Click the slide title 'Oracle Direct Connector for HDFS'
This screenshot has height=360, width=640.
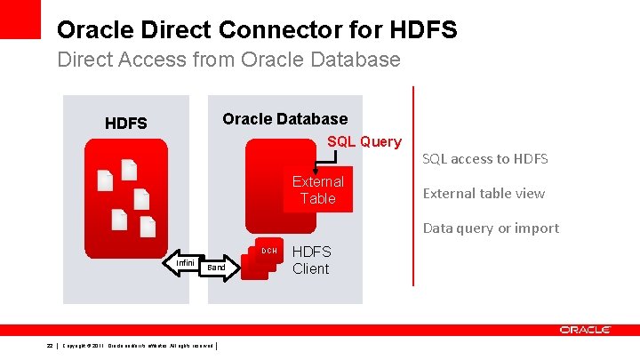click(x=257, y=30)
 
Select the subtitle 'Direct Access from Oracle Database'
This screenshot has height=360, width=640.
click(x=228, y=60)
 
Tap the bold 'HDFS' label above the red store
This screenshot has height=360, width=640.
click(x=126, y=124)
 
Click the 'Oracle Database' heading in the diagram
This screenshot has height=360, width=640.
click(x=284, y=119)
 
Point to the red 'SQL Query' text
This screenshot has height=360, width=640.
click(x=364, y=141)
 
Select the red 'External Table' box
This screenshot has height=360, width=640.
click(x=317, y=190)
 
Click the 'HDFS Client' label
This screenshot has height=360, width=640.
click(x=310, y=260)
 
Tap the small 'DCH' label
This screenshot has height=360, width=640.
click(x=269, y=251)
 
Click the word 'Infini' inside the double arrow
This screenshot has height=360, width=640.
click(x=186, y=263)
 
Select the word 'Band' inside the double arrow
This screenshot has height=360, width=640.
click(x=216, y=268)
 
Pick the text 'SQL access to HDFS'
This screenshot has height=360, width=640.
click(x=484, y=159)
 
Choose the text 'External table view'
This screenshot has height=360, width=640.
click(x=484, y=193)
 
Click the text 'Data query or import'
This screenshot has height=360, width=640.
click(x=491, y=228)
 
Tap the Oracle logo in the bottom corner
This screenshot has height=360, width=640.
click(x=584, y=330)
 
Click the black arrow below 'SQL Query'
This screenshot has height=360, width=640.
click(x=331, y=160)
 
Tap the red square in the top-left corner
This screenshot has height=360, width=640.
click(x=20, y=19)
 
